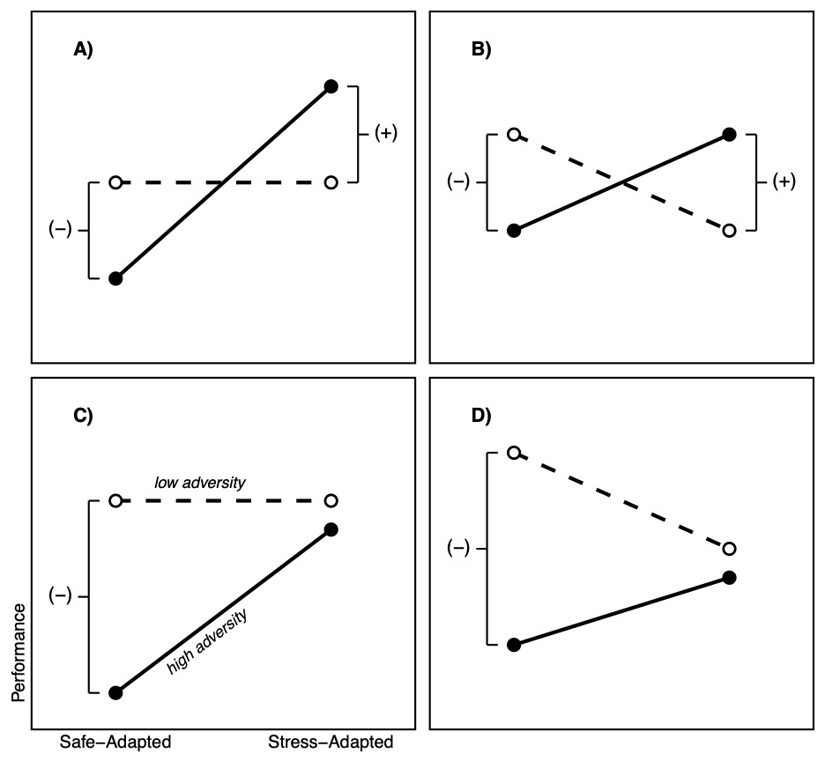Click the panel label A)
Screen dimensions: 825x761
point(83,50)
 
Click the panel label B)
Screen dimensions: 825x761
point(481,50)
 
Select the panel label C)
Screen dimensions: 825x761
point(83,416)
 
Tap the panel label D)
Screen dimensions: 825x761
point(481,416)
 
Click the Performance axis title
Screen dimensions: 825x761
point(19,653)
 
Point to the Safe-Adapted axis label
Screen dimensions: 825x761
point(115,743)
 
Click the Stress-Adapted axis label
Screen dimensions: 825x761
point(331,743)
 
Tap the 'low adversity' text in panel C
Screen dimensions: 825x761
point(200,483)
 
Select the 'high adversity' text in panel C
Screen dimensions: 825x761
point(207,642)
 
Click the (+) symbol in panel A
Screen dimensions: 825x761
point(386,134)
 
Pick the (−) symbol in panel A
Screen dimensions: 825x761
point(60,230)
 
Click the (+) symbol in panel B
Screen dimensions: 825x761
point(784,182)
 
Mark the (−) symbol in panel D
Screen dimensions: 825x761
point(457,549)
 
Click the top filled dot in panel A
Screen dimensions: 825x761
point(331,86)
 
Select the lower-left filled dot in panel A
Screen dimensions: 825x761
point(115,278)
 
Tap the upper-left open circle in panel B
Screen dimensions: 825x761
point(514,134)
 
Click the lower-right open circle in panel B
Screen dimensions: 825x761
point(729,231)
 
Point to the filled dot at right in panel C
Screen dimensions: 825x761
point(331,529)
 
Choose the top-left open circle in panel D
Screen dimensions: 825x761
point(514,453)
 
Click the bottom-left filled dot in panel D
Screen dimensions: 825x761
point(514,645)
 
